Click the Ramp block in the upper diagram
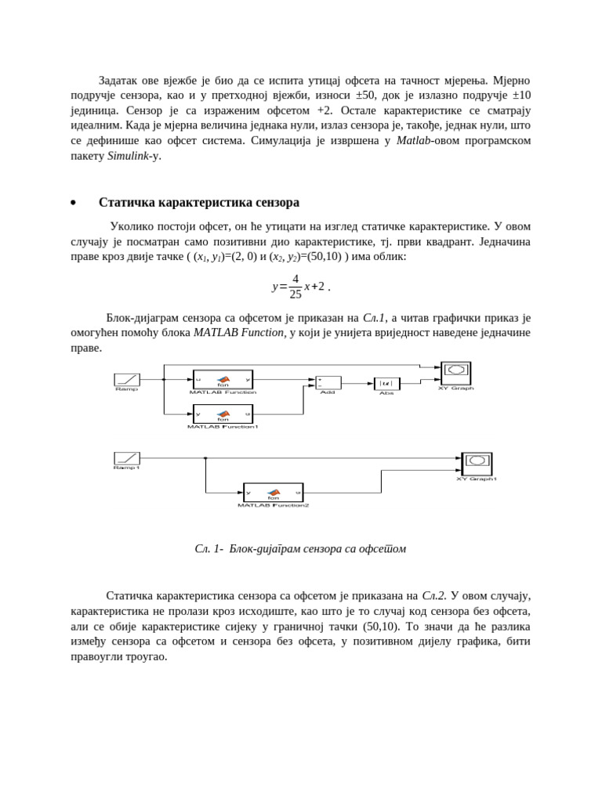(126, 379)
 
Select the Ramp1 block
(126, 457)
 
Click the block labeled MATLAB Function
(223, 379)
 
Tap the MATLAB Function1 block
(223, 414)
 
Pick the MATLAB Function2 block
(273, 493)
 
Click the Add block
(328, 383)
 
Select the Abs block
(386, 384)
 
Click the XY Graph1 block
(477, 464)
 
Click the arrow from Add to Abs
(357, 384)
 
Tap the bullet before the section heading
(73, 203)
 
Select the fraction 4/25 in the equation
(295, 287)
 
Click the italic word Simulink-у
(133, 155)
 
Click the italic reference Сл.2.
(433, 596)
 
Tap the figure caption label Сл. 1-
(209, 549)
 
